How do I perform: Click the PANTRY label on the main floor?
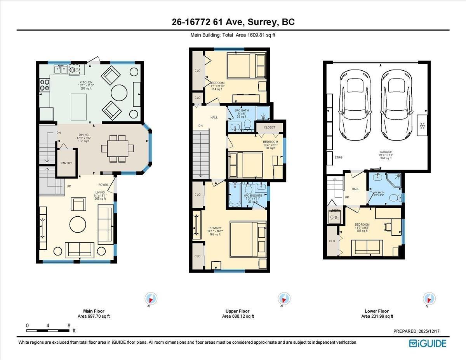click(66, 163)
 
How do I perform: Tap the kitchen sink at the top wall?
click(60, 70)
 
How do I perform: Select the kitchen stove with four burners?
click(44, 85)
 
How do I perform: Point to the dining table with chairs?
click(117, 148)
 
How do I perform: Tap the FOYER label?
click(103, 185)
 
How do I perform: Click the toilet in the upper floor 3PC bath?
click(247, 125)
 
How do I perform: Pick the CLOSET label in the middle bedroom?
click(269, 127)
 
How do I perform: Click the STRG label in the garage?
click(338, 158)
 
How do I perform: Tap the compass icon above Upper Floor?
click(284, 299)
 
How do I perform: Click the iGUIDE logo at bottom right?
click(428, 343)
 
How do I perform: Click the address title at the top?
click(233, 22)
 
